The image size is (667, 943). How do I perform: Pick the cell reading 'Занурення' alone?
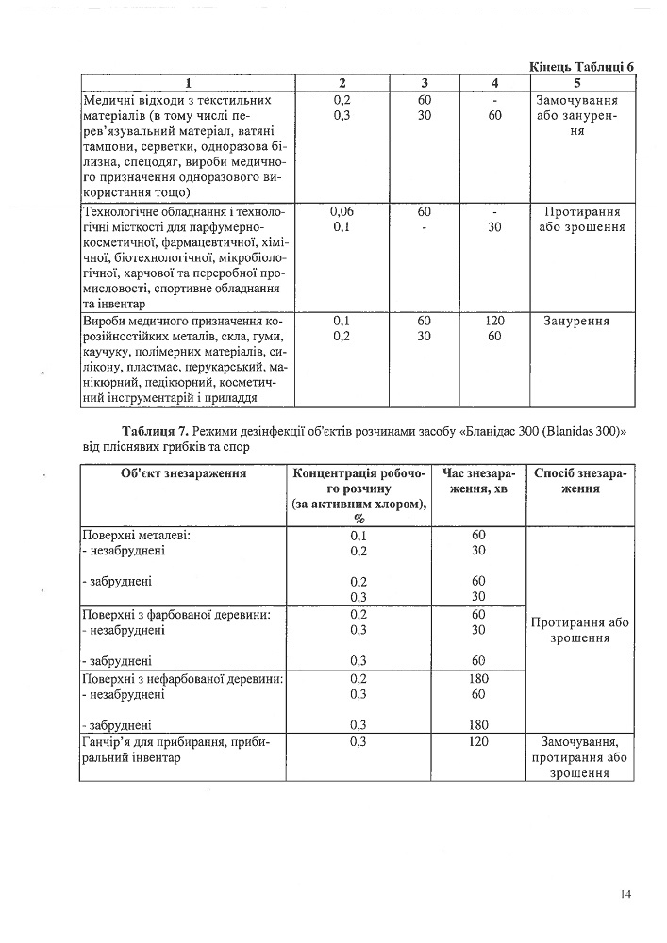coord(576,322)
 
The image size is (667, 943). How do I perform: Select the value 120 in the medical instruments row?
coord(494,322)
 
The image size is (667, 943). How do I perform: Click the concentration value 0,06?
coord(342,212)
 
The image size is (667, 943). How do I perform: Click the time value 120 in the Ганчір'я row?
coord(477,742)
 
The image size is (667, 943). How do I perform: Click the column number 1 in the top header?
coord(190,83)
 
